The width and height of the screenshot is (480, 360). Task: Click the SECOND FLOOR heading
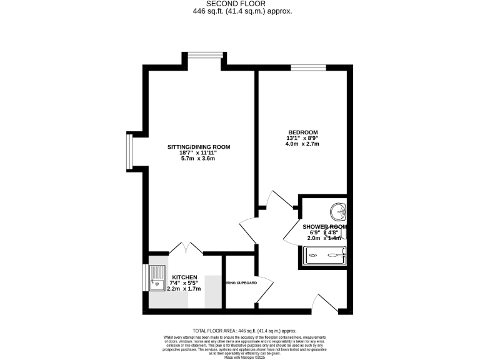click(x=240, y=3)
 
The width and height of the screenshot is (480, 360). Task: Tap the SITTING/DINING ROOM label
click(x=199, y=147)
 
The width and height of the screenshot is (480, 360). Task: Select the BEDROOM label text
click(x=302, y=132)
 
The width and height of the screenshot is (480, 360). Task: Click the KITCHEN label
click(x=185, y=277)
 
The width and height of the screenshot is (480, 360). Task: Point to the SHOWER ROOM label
click(x=324, y=227)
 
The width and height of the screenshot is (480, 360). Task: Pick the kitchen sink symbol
click(x=156, y=279)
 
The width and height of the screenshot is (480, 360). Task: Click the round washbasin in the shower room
click(x=339, y=211)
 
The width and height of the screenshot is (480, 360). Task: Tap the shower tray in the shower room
click(x=324, y=254)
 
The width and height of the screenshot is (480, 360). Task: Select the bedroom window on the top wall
click(x=304, y=67)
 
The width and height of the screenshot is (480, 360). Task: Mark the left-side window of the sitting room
click(x=129, y=152)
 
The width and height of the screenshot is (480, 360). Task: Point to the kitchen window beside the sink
click(x=145, y=278)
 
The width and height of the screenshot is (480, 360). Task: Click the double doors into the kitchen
click(x=186, y=247)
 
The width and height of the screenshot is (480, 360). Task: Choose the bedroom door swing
click(x=277, y=201)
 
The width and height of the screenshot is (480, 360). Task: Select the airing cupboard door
click(x=264, y=288)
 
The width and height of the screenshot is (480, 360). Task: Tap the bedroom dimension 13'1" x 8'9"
click(x=302, y=138)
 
